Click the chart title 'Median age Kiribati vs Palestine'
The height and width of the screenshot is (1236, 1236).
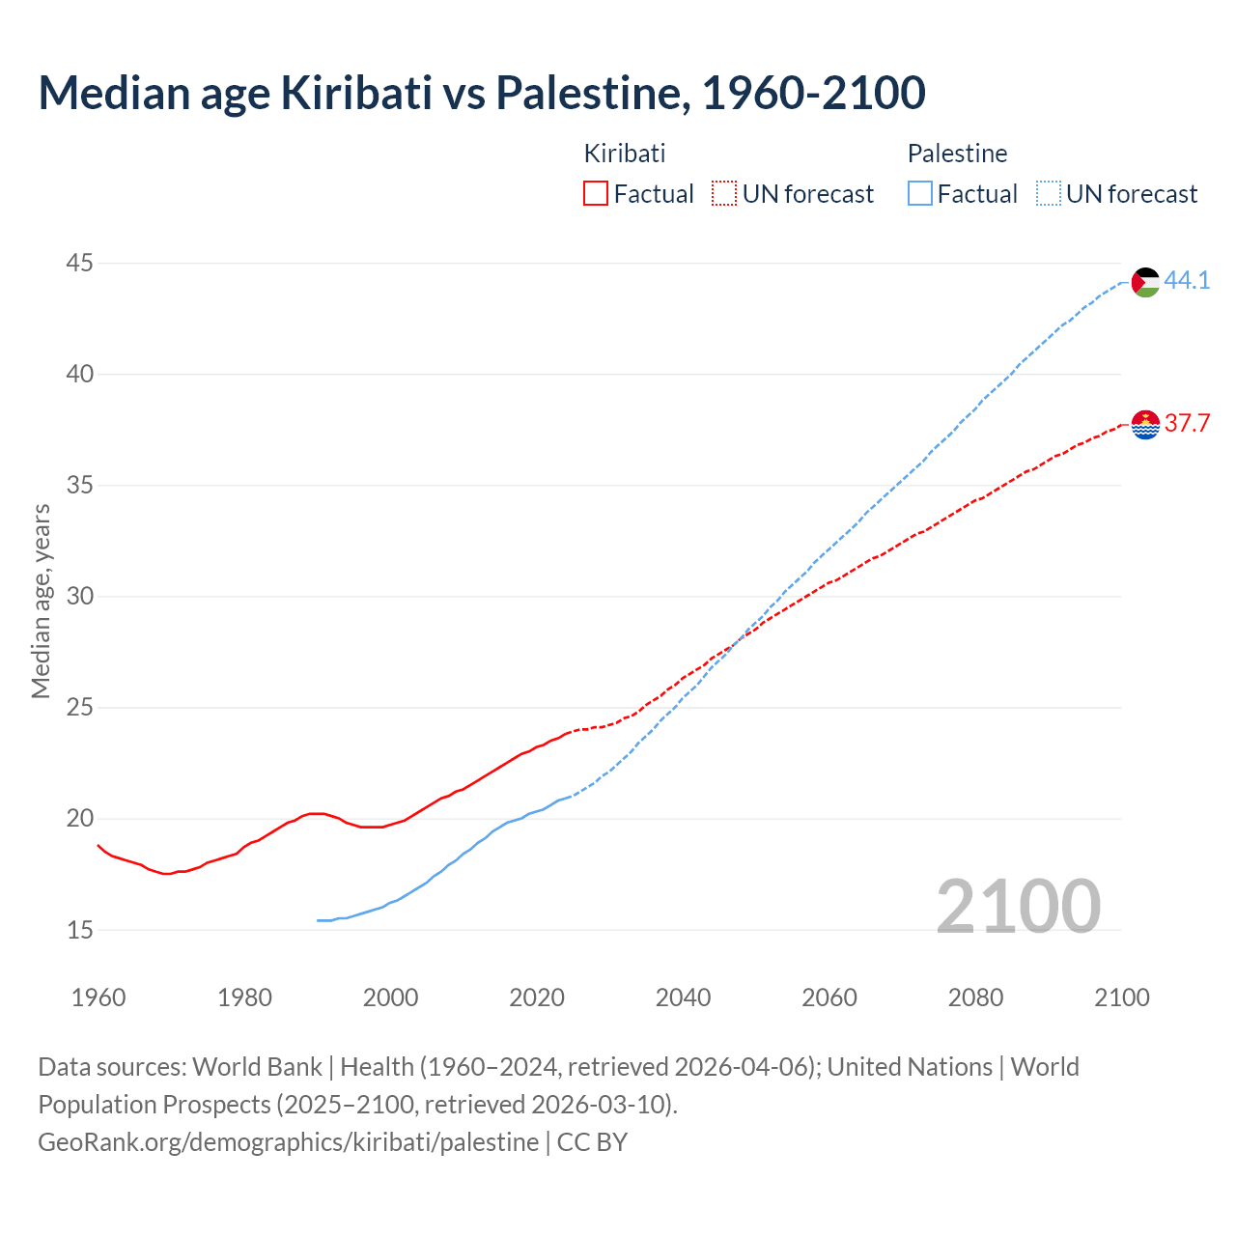[481, 93]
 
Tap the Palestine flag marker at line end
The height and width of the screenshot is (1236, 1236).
[1145, 282]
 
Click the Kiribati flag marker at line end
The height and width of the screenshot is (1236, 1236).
[1145, 424]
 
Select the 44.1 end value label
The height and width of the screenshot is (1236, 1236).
[1187, 281]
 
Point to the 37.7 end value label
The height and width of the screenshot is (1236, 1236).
[1187, 424]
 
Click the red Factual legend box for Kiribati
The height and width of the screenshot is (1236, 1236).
[596, 194]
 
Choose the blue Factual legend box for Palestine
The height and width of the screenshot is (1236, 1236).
[919, 194]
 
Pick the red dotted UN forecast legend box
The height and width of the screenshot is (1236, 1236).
[724, 194]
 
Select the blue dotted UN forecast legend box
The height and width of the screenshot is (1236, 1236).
[1048, 194]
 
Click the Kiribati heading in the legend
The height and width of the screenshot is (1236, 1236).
[625, 154]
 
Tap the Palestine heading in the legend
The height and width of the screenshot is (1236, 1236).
[957, 154]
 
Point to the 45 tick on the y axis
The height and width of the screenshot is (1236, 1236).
[80, 263]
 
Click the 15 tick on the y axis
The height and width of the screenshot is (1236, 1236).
[80, 930]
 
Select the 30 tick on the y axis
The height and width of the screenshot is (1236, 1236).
[80, 596]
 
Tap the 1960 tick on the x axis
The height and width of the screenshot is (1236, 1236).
[98, 997]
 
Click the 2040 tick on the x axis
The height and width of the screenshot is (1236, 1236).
[683, 997]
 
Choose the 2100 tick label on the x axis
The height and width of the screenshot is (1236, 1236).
[1121, 997]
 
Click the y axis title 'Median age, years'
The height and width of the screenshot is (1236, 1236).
[41, 601]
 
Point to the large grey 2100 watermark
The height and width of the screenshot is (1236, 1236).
[1018, 906]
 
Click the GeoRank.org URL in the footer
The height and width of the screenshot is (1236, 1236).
[288, 1142]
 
